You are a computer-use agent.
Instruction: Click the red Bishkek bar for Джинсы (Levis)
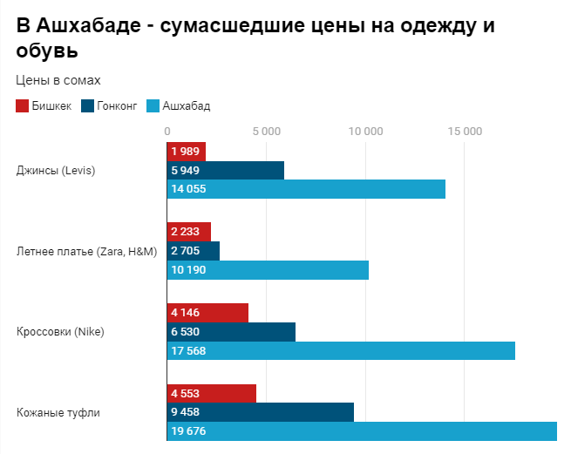tap(187, 152)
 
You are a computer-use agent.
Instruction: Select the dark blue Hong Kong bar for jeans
tap(225, 170)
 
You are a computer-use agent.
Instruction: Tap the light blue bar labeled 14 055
tap(305, 189)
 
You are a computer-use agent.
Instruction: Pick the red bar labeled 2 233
tap(188, 232)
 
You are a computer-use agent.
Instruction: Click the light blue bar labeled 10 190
tap(267, 270)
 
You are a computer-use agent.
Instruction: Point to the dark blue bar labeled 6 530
tap(230, 332)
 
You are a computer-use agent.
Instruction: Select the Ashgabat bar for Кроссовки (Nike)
tap(340, 351)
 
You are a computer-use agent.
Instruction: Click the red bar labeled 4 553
tap(211, 393)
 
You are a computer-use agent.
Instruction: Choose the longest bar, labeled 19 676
tap(361, 431)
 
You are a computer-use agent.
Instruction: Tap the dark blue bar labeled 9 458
tap(260, 412)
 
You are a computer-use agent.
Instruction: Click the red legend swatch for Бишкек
tap(22, 106)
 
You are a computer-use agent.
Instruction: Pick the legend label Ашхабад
tap(186, 106)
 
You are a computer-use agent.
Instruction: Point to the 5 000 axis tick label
tap(266, 132)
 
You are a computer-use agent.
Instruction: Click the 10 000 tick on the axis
tap(365, 132)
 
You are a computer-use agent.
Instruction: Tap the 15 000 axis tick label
tap(465, 132)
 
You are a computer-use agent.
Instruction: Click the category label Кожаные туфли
tap(58, 412)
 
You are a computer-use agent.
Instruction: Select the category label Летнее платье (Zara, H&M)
tap(86, 252)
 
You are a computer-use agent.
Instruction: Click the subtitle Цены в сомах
tap(58, 80)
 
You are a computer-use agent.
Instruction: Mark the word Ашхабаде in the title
tap(93, 25)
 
